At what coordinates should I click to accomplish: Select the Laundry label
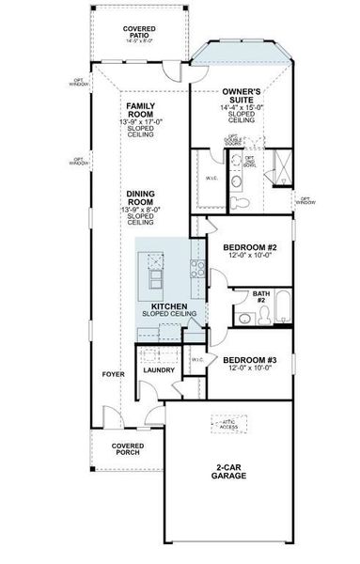coord(157,369)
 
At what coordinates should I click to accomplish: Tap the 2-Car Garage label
coord(229,470)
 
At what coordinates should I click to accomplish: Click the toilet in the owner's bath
coord(242,203)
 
